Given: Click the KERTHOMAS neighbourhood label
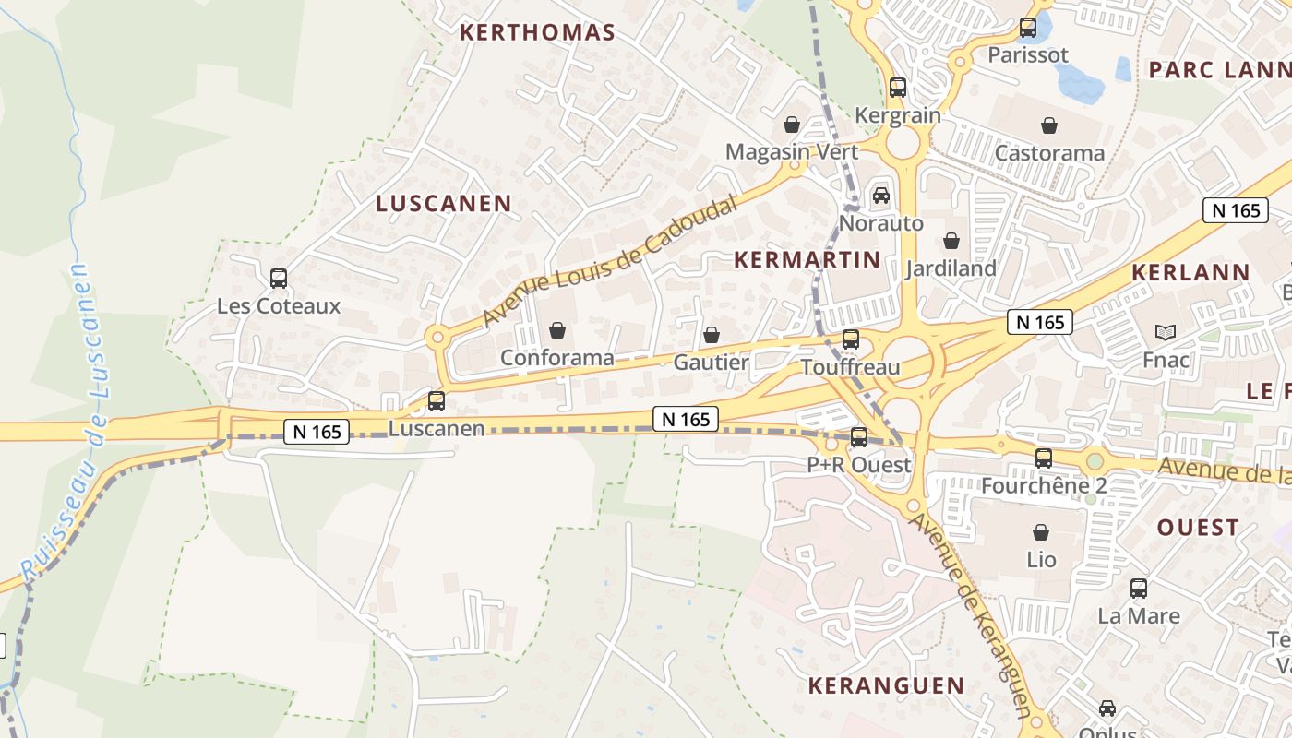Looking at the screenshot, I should pos(537,32).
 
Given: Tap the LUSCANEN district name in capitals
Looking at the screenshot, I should pos(443,204).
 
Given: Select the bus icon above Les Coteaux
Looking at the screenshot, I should pos(279,278).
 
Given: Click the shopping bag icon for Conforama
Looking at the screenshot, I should pos(557,330).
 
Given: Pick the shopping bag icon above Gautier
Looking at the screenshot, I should pos(711,335).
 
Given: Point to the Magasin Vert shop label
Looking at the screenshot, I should pos(791,152).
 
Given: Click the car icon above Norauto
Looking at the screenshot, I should pos(881,196).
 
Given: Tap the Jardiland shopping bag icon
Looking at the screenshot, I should pos(951,242).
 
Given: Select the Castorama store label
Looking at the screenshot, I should pos(1049,153).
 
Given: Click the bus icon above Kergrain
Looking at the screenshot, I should pos(898,88).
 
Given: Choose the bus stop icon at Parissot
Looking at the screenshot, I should pos(1028,28).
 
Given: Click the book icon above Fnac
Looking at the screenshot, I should pos(1166,332).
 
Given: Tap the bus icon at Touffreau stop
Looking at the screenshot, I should pos(851,339).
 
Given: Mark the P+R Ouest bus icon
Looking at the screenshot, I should pos(859,437).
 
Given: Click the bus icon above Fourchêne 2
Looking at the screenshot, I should pos(1044,458).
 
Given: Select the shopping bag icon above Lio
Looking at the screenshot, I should pos(1041,532).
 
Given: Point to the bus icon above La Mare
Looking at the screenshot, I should pos(1139,588).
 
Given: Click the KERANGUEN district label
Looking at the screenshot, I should pos(886,686).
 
